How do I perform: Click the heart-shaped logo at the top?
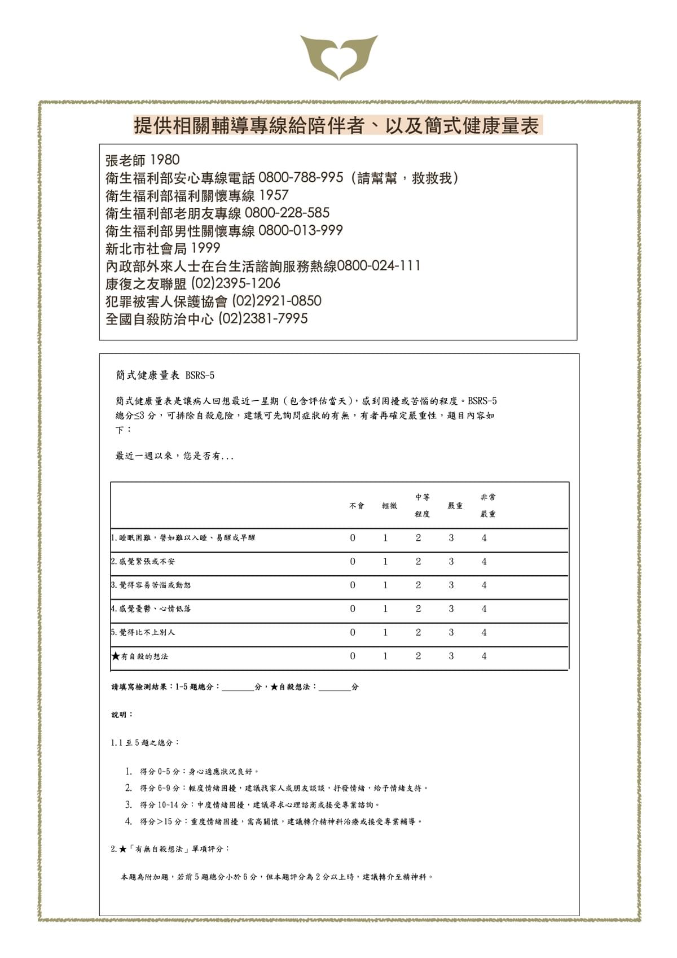(338, 56)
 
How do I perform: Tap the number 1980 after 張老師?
(165, 160)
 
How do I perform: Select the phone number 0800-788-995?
(300, 178)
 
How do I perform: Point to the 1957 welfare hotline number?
(274, 195)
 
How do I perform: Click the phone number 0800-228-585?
(287, 213)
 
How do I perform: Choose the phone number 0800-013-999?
(300, 230)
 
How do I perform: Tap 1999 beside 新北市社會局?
(205, 248)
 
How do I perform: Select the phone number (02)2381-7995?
(263, 318)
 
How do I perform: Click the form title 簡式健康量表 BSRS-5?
(165, 375)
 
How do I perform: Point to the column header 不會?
(357, 506)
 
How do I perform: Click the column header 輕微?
(389, 506)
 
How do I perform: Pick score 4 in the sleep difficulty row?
(484, 538)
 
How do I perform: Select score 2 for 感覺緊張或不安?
(418, 562)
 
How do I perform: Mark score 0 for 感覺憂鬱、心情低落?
(353, 609)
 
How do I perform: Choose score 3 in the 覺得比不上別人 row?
(451, 632)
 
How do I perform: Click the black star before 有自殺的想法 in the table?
(116, 656)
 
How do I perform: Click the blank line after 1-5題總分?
(238, 688)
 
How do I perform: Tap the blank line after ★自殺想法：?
(335, 688)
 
